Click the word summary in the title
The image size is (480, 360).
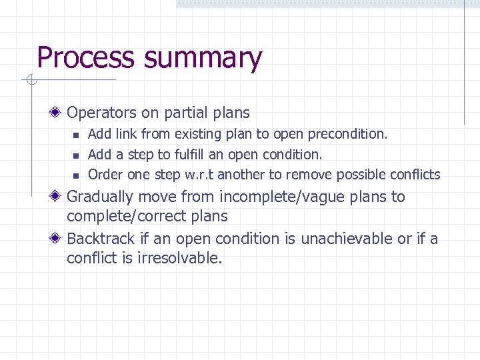(x=203, y=58)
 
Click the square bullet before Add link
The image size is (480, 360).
(x=76, y=135)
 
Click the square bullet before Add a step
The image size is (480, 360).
(x=76, y=155)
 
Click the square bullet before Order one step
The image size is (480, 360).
(x=76, y=176)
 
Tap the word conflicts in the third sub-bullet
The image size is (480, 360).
(x=416, y=175)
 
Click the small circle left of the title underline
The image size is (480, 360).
(x=30, y=81)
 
